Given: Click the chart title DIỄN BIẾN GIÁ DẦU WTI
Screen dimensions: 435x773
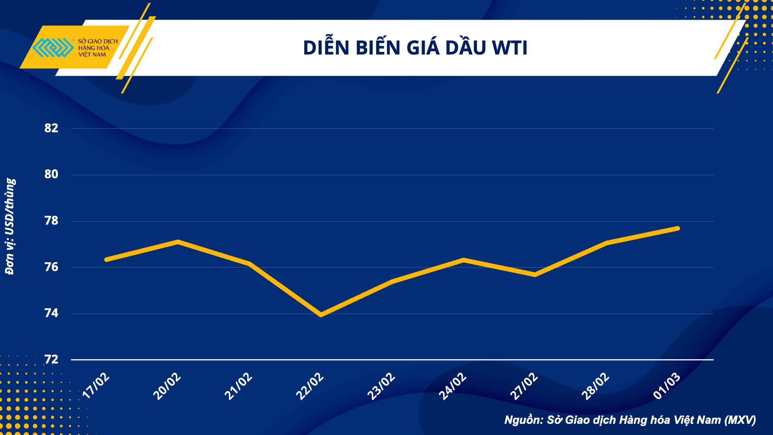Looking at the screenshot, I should click(415, 48).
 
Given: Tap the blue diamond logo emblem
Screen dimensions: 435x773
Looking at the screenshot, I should click(53, 48).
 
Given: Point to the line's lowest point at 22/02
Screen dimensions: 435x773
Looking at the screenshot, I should click(321, 315).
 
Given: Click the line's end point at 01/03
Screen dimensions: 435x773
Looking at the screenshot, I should click(678, 229).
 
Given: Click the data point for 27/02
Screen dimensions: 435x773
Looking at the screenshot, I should click(535, 275).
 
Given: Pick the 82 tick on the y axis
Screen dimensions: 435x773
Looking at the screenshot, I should click(51, 128).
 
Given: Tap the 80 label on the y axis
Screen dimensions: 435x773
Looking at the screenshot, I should click(51, 174).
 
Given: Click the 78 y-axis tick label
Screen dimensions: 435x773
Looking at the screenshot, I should click(51, 221).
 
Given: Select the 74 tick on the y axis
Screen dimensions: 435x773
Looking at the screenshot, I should click(51, 313).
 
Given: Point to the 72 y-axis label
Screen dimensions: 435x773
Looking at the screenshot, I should click(51, 360).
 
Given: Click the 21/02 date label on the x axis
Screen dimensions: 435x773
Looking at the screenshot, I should click(238, 386).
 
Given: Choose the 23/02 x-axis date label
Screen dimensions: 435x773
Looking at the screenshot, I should click(381, 386).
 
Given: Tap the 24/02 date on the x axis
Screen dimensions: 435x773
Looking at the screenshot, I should click(453, 386).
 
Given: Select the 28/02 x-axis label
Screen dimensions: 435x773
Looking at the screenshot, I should click(595, 386).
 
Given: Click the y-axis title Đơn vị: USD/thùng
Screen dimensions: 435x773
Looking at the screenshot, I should click(10, 227).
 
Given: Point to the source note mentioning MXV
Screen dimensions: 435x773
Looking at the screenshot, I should click(630, 420).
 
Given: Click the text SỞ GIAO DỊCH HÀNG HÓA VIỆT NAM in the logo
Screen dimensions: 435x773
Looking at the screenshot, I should click(97, 48).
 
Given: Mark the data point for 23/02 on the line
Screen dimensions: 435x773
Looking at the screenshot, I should click(392, 281).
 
